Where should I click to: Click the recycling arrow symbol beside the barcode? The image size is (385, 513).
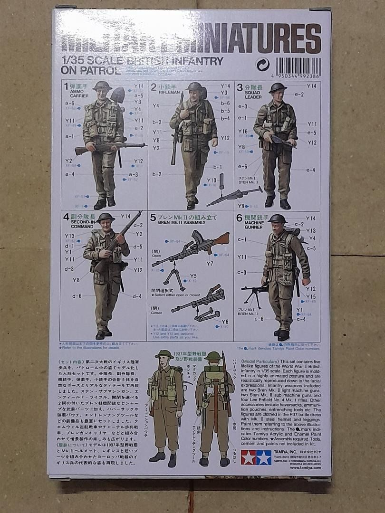[x=262, y=65]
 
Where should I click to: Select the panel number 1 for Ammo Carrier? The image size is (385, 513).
[x=67, y=86]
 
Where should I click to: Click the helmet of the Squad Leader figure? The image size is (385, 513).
[x=278, y=88]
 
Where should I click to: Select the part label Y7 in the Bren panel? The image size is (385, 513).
[x=210, y=264]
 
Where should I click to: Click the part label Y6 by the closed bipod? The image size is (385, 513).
[x=225, y=322]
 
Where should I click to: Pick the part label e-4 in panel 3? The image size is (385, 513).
[x=311, y=170]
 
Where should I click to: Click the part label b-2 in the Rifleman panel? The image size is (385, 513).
[x=157, y=174]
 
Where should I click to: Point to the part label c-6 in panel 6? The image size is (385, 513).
[x=259, y=319]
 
